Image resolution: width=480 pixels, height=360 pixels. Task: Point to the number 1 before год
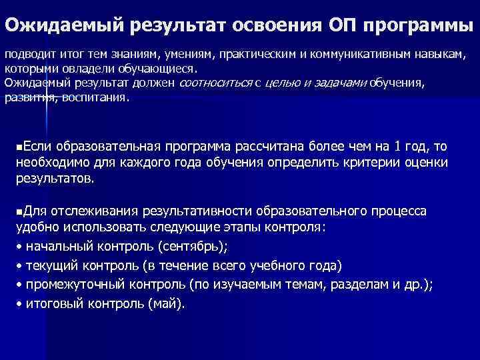pyautogui.click(x=398, y=146)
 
